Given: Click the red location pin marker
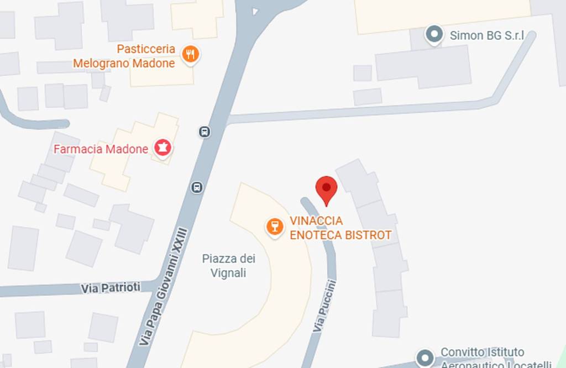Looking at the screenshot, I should coord(326,189).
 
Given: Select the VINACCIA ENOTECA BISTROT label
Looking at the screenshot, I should coord(340,228).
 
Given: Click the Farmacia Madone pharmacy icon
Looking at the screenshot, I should coord(163,148).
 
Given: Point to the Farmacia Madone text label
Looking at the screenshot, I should coord(101,149).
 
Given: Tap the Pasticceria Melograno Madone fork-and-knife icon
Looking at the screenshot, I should coord(191,54).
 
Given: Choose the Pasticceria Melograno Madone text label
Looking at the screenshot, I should coord(124,56).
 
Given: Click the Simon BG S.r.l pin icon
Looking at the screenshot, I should coord(434,35).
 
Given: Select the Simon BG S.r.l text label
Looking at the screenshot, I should coord(486,36).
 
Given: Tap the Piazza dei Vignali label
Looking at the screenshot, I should coord(228,266).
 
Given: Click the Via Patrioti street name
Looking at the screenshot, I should coord(110,288).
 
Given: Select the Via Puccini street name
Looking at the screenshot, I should coord(325,306).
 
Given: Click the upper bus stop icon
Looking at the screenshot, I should coord(205,132).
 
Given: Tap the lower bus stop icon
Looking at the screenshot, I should coord(197,187).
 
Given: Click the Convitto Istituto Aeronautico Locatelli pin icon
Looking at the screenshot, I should coord(424,356).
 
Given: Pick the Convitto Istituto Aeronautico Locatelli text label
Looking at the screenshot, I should coord(495,358).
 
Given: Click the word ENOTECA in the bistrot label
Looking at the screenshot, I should coord(316,235).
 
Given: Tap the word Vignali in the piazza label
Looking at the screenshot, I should coord(228,273).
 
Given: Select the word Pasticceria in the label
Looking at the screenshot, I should coord(146,49).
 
